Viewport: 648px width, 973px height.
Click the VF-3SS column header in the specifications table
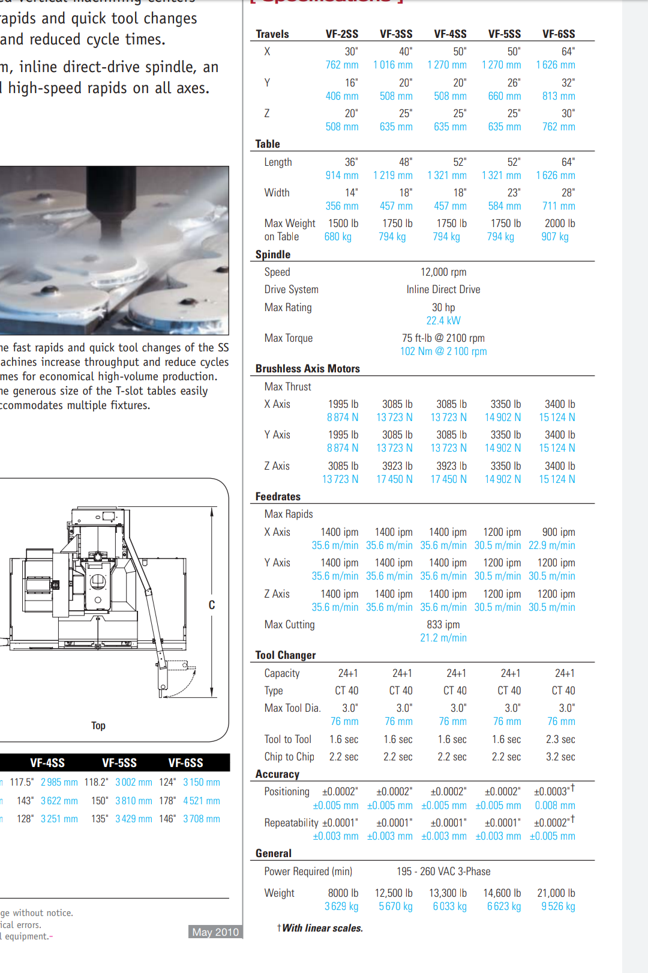point(396,34)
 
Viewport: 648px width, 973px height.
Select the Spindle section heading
point(273,255)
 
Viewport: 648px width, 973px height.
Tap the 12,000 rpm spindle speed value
point(443,272)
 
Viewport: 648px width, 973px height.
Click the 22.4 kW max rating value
point(443,321)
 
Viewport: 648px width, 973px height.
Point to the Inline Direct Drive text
point(443,289)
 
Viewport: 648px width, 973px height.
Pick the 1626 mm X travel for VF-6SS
point(556,65)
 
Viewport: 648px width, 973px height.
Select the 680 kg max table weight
point(338,237)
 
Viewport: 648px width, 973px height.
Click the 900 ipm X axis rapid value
point(559,532)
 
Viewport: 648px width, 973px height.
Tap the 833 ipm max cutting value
point(443,625)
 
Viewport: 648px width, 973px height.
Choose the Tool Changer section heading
point(286,655)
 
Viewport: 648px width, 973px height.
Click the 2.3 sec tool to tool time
point(560,739)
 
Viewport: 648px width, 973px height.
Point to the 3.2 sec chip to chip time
point(560,757)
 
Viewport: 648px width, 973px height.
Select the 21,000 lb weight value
point(556,893)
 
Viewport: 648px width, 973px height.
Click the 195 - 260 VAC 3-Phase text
point(443,871)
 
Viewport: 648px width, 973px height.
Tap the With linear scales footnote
point(322,928)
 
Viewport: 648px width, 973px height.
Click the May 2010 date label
point(215,932)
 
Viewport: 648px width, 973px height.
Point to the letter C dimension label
point(212,605)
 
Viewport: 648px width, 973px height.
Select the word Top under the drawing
point(98,726)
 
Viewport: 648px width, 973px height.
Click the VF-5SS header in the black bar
point(119,763)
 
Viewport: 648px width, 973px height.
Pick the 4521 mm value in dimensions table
point(202,801)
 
